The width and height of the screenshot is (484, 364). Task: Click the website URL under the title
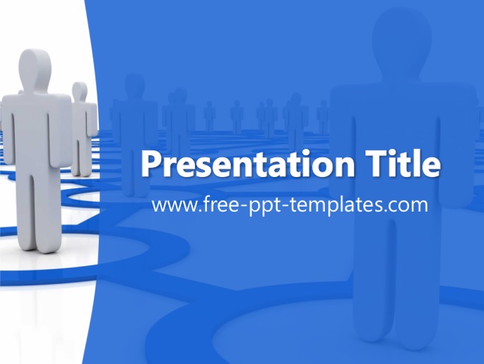290,205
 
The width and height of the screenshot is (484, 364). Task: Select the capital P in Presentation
151,164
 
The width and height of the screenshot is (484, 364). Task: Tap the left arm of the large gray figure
7,130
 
